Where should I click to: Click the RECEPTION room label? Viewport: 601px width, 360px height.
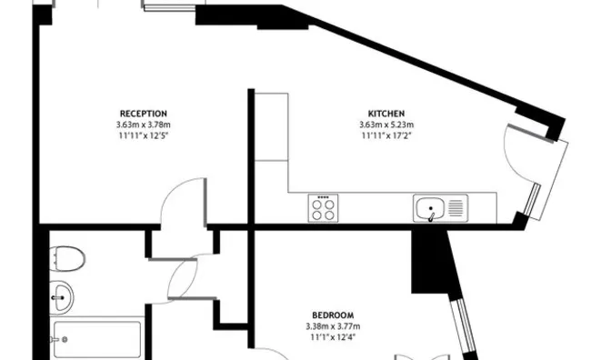(x=143, y=114)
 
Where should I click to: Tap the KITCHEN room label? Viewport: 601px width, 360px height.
(x=386, y=114)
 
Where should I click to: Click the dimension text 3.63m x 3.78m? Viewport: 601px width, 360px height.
(x=143, y=125)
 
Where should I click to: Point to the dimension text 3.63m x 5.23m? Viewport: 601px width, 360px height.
(x=386, y=125)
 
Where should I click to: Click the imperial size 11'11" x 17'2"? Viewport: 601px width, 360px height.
(x=386, y=135)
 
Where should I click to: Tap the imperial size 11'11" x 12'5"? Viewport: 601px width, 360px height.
(x=143, y=135)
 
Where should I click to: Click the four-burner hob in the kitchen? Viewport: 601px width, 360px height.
(x=324, y=208)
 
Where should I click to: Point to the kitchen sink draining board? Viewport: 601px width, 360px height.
(x=455, y=209)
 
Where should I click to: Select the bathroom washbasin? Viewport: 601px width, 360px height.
(x=62, y=294)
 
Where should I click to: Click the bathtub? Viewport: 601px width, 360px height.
(x=96, y=340)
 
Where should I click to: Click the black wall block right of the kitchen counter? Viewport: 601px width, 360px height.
(x=432, y=259)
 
